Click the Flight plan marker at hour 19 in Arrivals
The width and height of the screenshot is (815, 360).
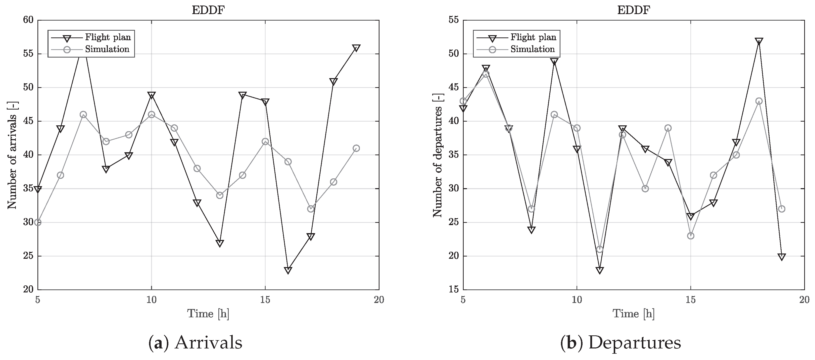tap(356, 48)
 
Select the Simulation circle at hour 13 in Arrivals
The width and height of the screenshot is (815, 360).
tap(220, 195)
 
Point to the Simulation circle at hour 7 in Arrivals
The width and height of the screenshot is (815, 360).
tap(83, 115)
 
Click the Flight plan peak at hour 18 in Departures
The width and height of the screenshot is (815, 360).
tap(759, 41)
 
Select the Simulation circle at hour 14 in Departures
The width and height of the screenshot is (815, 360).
tap(668, 128)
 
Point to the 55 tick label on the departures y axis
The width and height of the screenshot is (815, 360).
tap(453, 20)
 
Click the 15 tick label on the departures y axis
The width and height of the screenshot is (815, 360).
tap(453, 290)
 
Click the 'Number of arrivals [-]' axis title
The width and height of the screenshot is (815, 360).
tap(12, 155)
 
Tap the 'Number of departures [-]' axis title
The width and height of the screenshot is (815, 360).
tap(438, 155)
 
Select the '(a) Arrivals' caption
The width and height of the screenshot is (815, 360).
tap(195, 343)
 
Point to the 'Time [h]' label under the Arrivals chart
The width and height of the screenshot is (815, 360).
tap(208, 314)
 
